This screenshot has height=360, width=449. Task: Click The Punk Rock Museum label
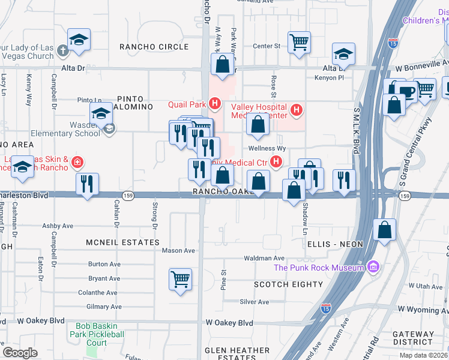(319, 268)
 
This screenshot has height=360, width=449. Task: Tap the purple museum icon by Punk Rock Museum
(372, 266)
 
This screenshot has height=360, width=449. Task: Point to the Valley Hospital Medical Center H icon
(295, 110)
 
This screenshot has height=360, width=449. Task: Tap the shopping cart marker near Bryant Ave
(180, 279)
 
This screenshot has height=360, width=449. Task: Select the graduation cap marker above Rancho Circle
(79, 40)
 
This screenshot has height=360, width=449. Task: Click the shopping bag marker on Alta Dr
(222, 64)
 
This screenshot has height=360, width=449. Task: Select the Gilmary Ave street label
(104, 307)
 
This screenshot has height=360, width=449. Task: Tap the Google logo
(20, 353)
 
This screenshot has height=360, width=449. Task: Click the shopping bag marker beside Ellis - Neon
(384, 229)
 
